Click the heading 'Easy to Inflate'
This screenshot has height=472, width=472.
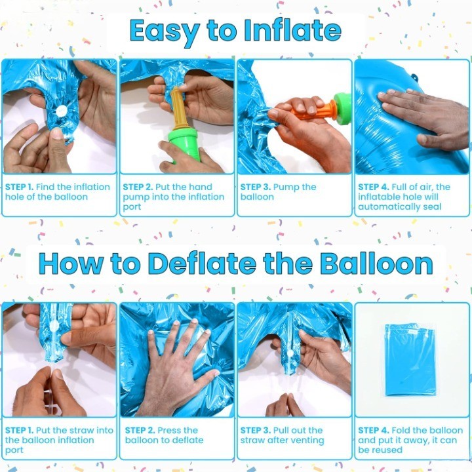[235, 31]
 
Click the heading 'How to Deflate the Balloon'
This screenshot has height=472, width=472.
[235, 263]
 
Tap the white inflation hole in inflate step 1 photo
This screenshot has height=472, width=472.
[61, 111]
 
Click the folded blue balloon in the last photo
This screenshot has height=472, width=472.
[410, 359]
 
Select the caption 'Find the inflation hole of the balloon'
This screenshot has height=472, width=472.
[58, 191]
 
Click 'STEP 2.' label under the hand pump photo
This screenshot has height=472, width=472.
[138, 187]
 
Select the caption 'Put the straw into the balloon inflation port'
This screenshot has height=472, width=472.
[58, 440]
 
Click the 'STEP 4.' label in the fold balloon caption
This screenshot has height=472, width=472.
[372, 430]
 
